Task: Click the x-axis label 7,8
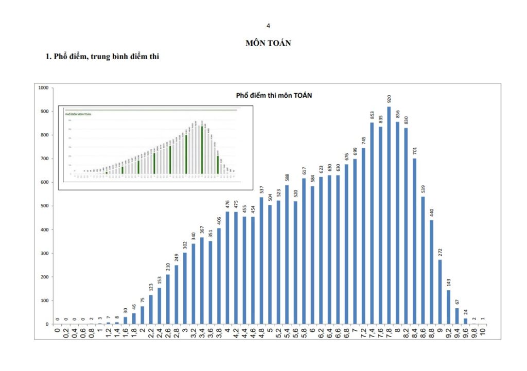(390, 332)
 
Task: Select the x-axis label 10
(483, 332)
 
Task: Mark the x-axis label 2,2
(151, 332)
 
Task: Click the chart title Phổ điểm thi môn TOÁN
(274, 96)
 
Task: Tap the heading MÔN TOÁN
(268, 43)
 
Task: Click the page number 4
(268, 25)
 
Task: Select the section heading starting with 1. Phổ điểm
(102, 57)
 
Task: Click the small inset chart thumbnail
(155, 148)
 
